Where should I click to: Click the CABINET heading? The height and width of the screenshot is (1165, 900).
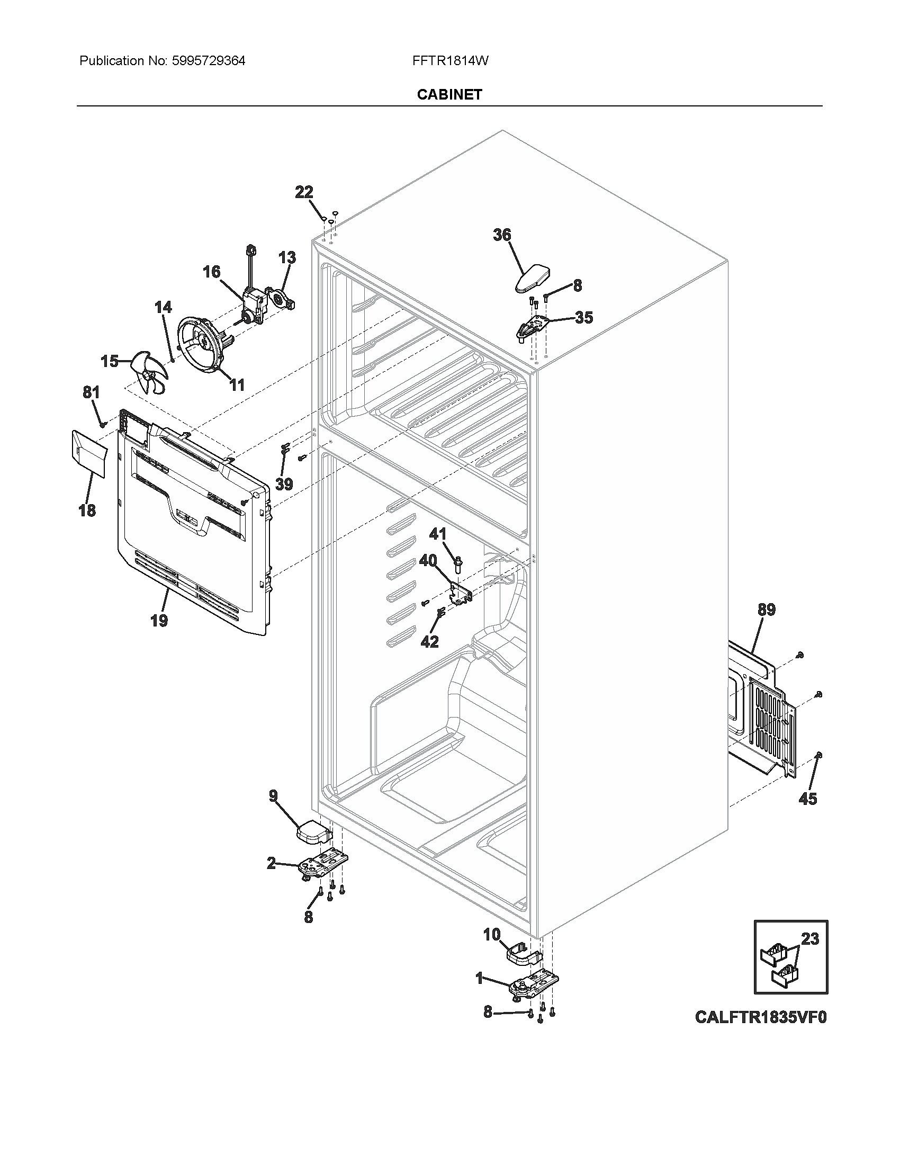449,94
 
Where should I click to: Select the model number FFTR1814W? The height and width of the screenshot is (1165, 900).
450,61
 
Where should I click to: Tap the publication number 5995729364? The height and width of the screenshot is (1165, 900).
209,61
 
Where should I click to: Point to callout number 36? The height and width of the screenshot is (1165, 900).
502,235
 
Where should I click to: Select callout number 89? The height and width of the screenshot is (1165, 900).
766,609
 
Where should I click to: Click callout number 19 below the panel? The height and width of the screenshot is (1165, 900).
159,621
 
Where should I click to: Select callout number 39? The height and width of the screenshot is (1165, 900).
284,484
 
